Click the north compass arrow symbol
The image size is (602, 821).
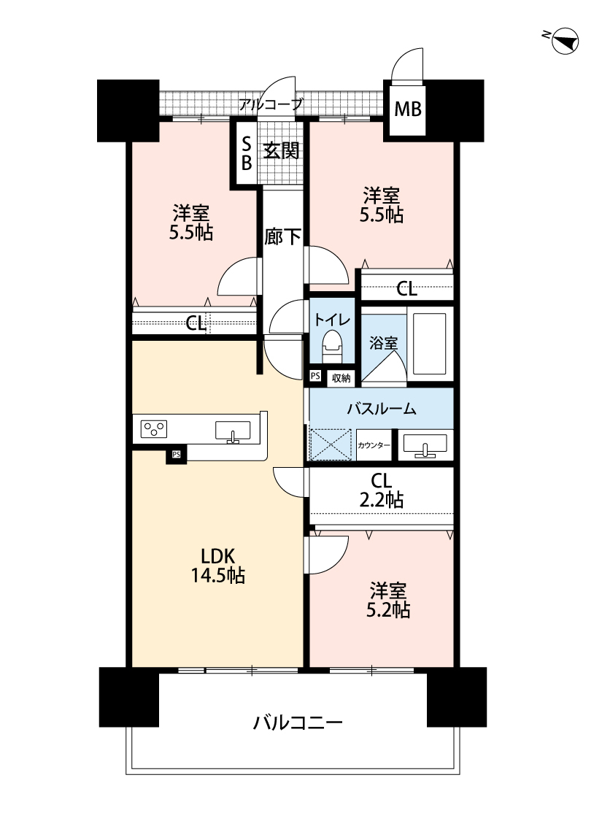[x=565, y=42]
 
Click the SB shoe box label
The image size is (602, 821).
[x=247, y=153]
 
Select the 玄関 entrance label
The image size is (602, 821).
[x=281, y=151]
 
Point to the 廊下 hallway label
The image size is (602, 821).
[x=282, y=237]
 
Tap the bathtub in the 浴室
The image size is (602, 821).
[x=429, y=344]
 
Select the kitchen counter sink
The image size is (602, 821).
[x=233, y=431]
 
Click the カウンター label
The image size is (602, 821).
[x=374, y=446]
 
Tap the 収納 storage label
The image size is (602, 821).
[x=341, y=378]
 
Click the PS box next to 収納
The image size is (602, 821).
[x=315, y=376]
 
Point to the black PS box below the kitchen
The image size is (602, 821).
[x=177, y=455]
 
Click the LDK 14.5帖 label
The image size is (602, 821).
[x=217, y=566]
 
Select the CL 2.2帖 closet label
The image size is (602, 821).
[x=381, y=490]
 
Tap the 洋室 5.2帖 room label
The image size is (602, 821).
[x=388, y=600]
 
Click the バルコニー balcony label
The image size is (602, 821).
[x=298, y=723]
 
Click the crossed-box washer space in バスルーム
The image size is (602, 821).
[x=331, y=444]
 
